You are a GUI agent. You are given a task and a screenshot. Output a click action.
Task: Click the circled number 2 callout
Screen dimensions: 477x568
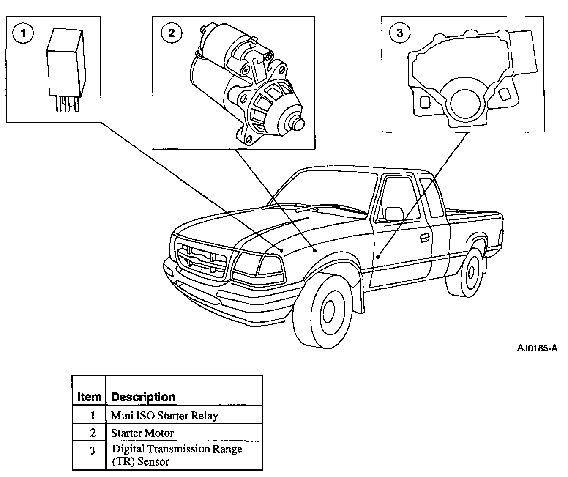pos(171,33)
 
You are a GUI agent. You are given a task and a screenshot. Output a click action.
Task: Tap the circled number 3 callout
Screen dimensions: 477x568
pos(400,33)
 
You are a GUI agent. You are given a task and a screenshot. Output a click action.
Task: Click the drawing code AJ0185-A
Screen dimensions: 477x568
pos(537,348)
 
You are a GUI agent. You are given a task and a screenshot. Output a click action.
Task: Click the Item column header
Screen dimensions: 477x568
pos(89,397)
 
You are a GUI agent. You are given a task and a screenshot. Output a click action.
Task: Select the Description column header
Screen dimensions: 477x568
pos(143,397)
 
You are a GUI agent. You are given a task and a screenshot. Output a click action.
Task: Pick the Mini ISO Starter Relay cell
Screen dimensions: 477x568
pos(164,416)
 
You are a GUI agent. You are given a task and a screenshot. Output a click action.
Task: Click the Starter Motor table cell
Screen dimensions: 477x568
pos(142,433)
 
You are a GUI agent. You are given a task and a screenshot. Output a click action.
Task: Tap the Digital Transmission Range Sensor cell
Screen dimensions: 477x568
pos(177,455)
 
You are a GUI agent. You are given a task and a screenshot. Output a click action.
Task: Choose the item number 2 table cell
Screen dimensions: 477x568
pos(93,433)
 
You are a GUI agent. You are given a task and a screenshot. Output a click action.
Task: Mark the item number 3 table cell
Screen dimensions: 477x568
pos(93,451)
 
